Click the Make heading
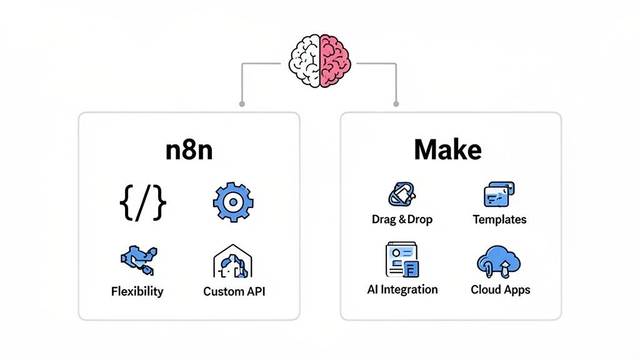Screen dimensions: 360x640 (x=447, y=150)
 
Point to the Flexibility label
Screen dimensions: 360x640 (x=137, y=291)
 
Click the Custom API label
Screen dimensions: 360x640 (x=234, y=292)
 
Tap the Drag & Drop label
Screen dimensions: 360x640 (x=401, y=219)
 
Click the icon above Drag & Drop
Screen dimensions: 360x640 (x=402, y=194)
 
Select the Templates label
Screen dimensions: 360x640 (x=499, y=219)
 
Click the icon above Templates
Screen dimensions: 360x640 (x=499, y=194)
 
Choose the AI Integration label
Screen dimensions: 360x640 (x=402, y=289)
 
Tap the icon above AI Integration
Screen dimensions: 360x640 (x=402, y=260)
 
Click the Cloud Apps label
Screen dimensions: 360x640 (x=500, y=290)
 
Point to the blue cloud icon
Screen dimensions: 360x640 (x=499, y=260)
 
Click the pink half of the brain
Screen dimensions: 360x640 (x=335, y=61)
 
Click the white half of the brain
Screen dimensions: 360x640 (x=305, y=61)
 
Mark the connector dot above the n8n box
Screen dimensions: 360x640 (x=242, y=103)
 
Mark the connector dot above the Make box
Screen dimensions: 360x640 (x=396, y=103)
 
